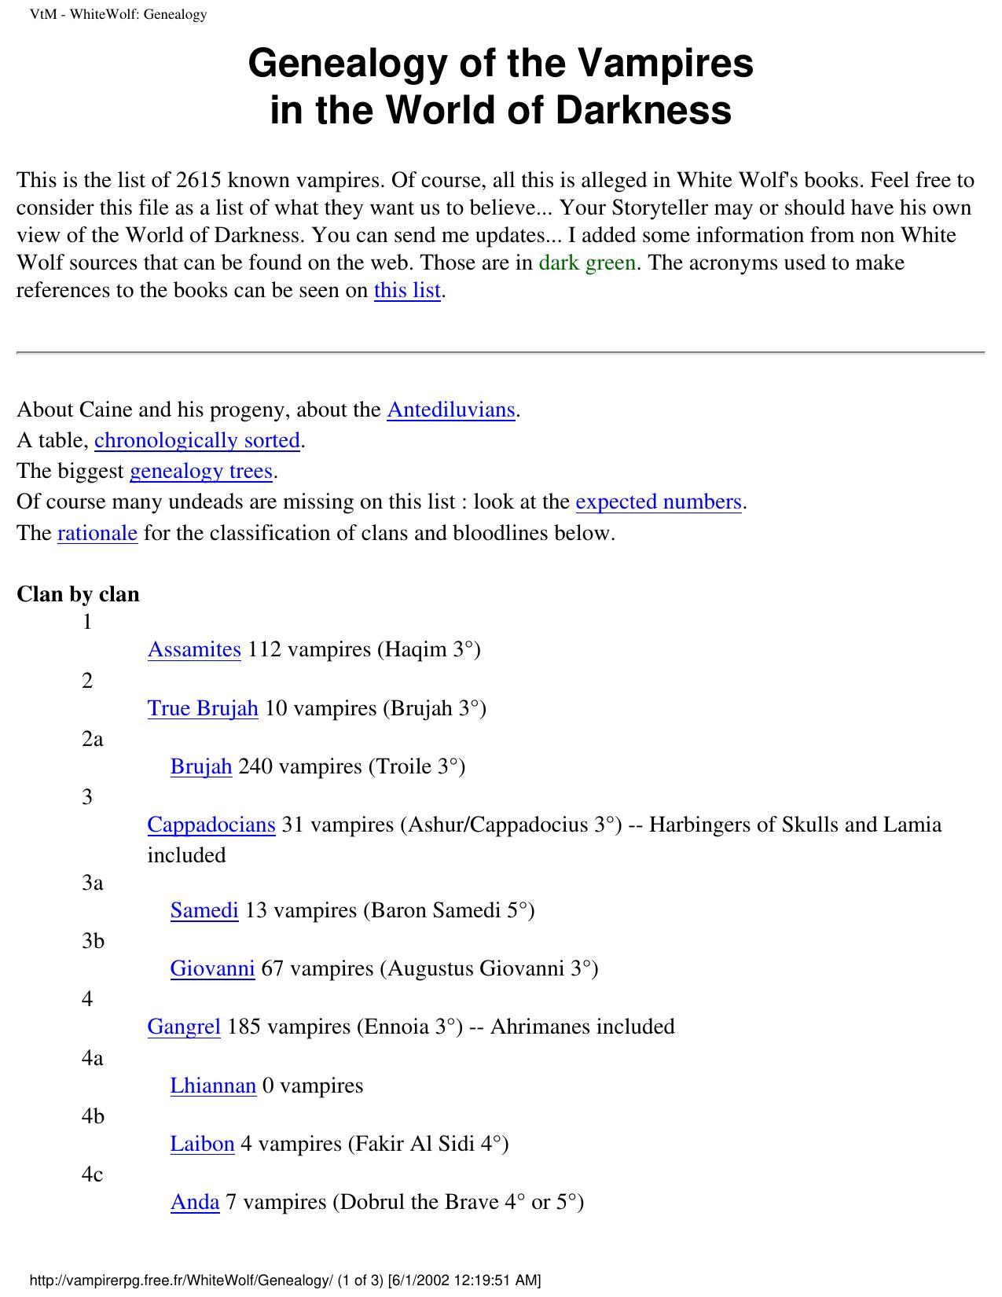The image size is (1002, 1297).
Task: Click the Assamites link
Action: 194,650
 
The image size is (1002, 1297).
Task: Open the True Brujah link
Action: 203,708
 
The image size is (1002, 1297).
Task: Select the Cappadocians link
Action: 211,825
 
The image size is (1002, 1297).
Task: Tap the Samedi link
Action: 204,910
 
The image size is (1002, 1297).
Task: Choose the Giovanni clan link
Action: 212,968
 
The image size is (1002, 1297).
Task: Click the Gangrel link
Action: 184,1027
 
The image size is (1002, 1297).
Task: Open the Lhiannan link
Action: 213,1086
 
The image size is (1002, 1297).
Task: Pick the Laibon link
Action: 202,1144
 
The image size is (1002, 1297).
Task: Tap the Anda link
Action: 195,1202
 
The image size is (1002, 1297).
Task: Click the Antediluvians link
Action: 451,410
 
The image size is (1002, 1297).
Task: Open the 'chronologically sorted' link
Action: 197,440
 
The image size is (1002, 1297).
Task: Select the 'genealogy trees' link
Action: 201,471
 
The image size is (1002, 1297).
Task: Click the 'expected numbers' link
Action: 659,502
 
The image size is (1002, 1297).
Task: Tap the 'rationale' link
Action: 97,533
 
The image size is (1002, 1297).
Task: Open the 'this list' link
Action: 407,290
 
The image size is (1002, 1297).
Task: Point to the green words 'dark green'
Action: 587,263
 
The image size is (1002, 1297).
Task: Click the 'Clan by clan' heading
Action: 78,594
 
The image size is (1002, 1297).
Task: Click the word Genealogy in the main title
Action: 346,64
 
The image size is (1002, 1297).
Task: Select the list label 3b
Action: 93,941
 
